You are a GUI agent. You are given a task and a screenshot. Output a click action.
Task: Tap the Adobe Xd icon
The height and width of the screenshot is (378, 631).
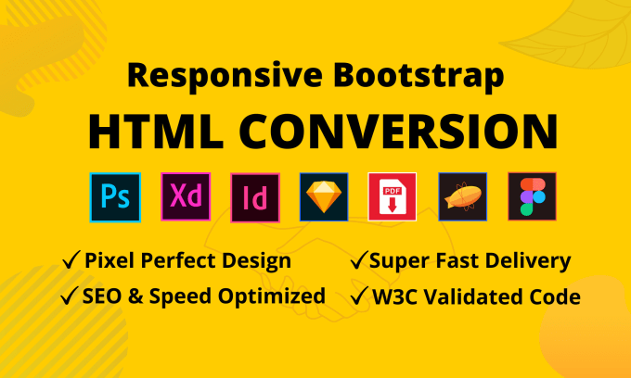(185, 197)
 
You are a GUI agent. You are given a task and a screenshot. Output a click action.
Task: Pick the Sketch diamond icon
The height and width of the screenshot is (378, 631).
(323, 197)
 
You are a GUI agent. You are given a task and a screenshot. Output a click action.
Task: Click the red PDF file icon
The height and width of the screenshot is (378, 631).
(393, 197)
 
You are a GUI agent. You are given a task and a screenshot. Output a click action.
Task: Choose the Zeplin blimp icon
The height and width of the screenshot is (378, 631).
(462, 197)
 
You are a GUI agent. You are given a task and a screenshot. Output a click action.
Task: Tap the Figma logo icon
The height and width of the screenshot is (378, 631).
(532, 197)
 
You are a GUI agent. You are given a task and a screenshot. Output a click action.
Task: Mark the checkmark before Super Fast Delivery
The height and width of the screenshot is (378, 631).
(356, 262)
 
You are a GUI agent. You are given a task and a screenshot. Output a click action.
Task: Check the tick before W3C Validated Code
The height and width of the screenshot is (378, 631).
(356, 296)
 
